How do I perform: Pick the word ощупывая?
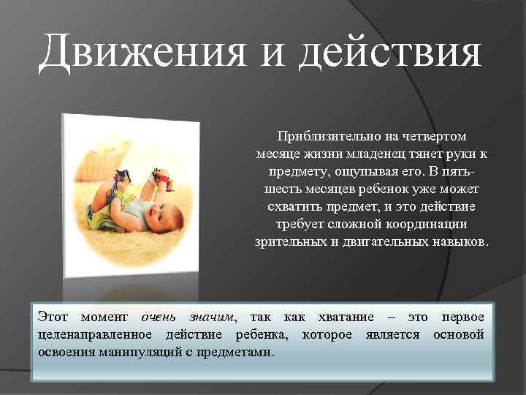(362, 171)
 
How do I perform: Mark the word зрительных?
(290, 241)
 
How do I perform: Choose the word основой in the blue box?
(458, 334)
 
